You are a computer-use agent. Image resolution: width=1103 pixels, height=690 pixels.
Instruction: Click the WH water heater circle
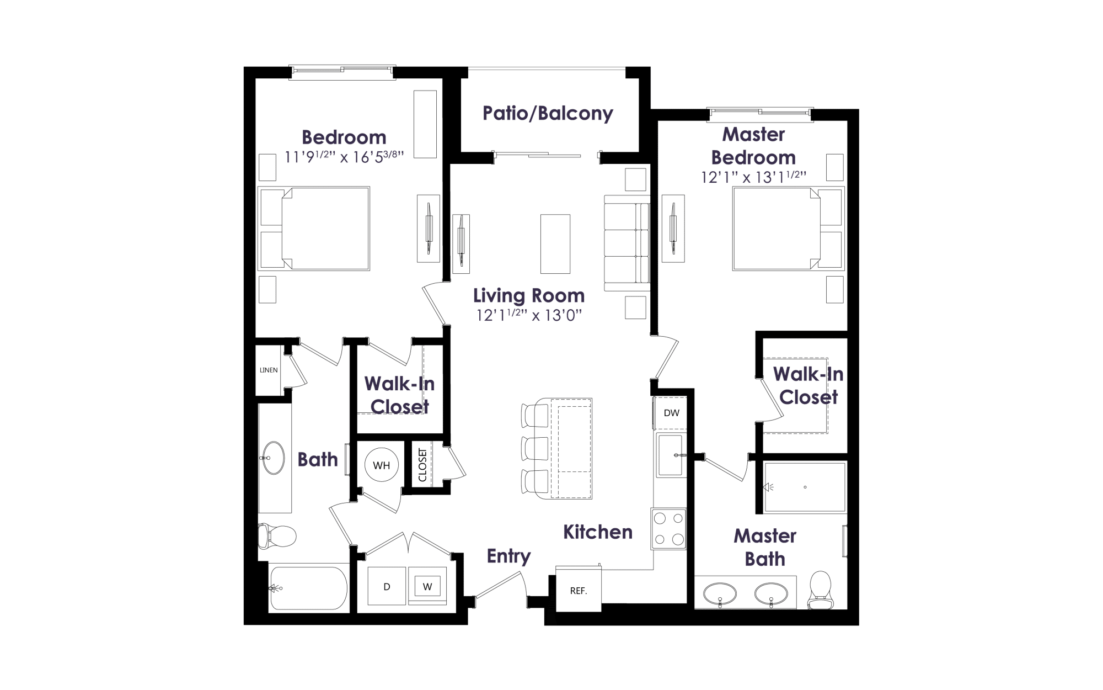[382, 465]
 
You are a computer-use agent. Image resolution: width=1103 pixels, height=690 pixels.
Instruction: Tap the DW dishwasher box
[671, 413]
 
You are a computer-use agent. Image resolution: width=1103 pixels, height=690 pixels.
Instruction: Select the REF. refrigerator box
[578, 590]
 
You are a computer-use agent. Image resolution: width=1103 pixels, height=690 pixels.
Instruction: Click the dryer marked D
[387, 586]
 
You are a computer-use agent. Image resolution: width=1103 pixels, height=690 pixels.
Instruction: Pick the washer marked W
[427, 586]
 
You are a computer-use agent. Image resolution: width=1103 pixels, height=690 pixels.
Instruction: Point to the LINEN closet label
[269, 370]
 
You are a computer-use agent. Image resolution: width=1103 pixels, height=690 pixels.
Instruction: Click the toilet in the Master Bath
[820, 590]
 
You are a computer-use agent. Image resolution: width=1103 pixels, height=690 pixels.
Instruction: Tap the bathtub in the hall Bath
[308, 588]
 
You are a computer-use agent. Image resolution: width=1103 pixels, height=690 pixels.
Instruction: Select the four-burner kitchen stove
[669, 529]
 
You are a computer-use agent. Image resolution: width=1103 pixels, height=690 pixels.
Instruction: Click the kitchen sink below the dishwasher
[671, 455]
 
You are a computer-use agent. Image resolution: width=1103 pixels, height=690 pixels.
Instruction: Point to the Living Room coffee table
[555, 244]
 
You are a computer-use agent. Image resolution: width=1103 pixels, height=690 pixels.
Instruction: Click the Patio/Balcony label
[548, 113]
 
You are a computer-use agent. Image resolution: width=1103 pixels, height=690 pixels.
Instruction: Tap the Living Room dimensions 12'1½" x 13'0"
[529, 315]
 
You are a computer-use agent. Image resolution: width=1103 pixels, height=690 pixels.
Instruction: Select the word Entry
[508, 556]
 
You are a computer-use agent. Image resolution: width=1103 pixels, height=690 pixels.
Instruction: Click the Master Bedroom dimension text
[753, 177]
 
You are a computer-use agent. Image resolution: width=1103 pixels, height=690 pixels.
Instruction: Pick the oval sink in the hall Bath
[273, 458]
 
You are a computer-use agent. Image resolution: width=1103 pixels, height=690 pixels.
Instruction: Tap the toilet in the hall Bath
[277, 536]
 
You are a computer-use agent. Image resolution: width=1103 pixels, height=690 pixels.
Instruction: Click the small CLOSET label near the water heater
[422, 465]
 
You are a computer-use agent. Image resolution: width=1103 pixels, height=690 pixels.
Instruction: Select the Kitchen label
[598, 532]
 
